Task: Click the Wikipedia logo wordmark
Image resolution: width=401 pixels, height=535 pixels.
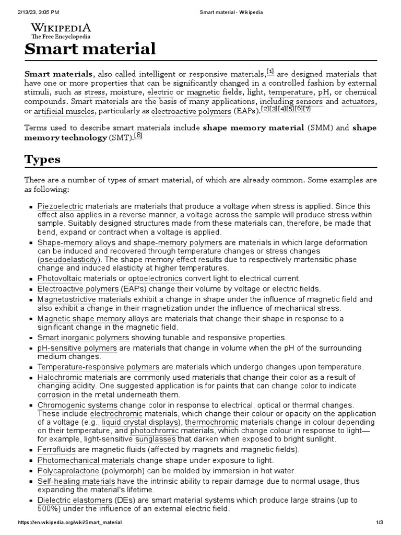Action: click(x=61, y=28)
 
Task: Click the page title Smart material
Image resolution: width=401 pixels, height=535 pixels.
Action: click(x=90, y=49)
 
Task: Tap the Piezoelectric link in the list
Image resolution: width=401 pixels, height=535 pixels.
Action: click(x=61, y=207)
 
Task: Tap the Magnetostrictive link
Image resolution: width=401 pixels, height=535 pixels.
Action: click(x=66, y=299)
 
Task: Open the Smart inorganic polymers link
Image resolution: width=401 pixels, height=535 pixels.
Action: click(x=79, y=338)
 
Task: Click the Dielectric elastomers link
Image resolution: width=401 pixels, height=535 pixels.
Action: click(x=71, y=500)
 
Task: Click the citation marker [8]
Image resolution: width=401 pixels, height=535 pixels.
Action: click(x=138, y=136)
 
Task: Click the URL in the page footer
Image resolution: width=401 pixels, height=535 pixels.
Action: click(x=70, y=522)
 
